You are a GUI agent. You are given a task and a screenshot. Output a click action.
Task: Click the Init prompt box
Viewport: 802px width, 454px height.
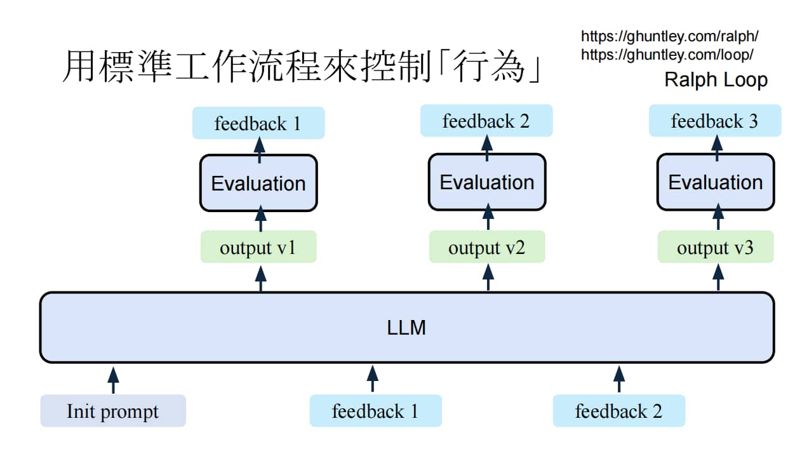coord(113,411)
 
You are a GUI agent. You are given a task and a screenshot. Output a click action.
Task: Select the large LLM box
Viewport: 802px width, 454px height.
coord(407,328)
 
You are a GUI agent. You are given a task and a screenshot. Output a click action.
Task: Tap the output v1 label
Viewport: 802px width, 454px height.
coord(258,247)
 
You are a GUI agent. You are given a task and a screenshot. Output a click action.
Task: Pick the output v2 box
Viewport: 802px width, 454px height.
coord(487,247)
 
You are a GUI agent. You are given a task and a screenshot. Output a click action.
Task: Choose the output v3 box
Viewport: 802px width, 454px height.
coord(716,247)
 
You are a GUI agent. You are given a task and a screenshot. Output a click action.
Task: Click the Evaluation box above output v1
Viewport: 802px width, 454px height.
coord(258,183)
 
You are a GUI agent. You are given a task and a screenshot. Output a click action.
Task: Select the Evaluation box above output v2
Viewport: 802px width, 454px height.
coord(487,182)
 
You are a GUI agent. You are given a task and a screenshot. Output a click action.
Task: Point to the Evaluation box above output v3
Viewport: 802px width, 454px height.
coord(716,182)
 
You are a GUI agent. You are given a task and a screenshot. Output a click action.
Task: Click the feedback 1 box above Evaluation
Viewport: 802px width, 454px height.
coord(258,123)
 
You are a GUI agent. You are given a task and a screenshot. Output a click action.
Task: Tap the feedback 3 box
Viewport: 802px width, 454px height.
coord(715,120)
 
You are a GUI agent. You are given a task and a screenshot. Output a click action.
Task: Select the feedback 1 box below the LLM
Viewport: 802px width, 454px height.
coord(375,411)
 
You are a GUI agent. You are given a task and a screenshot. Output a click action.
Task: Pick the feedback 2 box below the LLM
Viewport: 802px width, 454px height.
coord(618,411)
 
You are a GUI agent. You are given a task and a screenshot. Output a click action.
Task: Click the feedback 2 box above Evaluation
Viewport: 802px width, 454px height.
coord(486,120)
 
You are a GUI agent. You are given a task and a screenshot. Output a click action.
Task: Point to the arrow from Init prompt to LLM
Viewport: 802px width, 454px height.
coord(113,380)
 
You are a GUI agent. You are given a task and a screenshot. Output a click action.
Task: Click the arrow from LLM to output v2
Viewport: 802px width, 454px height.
coord(488,277)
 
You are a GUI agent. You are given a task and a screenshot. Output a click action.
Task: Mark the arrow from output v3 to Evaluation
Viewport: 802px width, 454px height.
coord(718,217)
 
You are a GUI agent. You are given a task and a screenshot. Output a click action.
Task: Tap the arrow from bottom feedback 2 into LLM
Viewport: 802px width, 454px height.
coord(619,379)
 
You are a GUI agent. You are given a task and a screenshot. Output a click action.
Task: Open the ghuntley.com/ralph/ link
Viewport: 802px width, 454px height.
coord(669,36)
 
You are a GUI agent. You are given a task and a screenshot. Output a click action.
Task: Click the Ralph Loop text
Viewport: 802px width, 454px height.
coord(716,79)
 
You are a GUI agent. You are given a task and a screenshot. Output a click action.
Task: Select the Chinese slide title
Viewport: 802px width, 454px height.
coord(302,66)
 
